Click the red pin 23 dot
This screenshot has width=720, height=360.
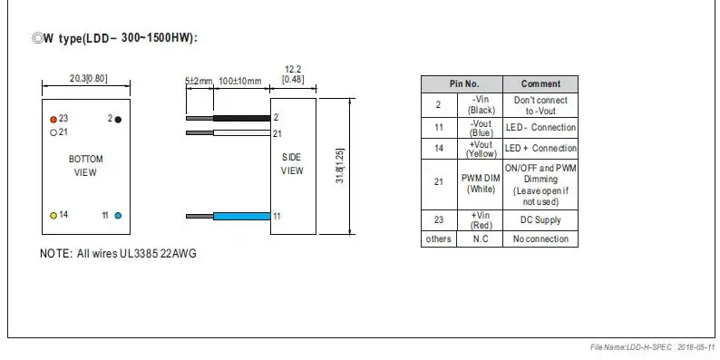(x=54, y=120)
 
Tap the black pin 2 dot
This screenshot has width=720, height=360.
(x=118, y=120)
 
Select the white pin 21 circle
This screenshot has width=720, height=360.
(x=54, y=133)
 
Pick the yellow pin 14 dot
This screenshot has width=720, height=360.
(x=54, y=215)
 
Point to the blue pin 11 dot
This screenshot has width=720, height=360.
(x=118, y=215)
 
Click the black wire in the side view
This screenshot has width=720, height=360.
(x=241, y=118)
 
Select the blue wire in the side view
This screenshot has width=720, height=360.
(x=241, y=216)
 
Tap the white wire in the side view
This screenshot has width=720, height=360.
(x=241, y=132)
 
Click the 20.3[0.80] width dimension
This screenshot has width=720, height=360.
(x=89, y=79)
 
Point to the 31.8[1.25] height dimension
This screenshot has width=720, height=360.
(x=340, y=166)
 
